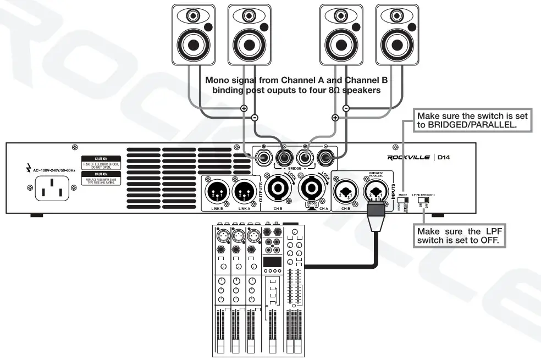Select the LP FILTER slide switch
tap(424, 202)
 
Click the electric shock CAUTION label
tap(100, 162)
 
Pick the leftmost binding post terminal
tap(262, 158)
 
